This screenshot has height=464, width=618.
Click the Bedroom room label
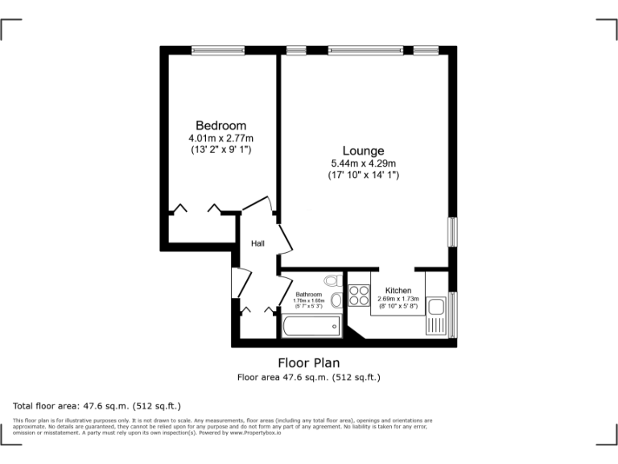click(x=220, y=125)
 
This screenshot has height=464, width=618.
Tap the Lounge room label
click(x=363, y=151)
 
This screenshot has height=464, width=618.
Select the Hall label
click(x=257, y=243)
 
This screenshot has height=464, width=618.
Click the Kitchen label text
click(x=398, y=291)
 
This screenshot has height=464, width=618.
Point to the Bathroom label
click(x=308, y=295)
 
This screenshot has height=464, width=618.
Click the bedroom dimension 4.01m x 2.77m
click(x=220, y=138)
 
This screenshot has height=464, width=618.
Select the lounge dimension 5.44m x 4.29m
click(x=363, y=164)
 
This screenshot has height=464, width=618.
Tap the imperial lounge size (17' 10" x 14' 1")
click(x=363, y=175)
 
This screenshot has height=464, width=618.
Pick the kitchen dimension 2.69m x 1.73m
click(x=398, y=299)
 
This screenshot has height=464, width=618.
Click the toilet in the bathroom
click(x=332, y=281)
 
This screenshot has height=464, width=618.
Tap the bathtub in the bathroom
click(x=311, y=325)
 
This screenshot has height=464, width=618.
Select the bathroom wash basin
click(x=336, y=300)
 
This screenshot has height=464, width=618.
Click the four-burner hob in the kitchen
click(x=358, y=294)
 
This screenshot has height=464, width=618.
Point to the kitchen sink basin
click(x=437, y=307)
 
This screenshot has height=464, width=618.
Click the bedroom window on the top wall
click(x=218, y=50)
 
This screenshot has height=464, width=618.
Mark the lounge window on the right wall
click(x=452, y=231)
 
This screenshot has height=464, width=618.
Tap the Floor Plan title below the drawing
click(x=308, y=362)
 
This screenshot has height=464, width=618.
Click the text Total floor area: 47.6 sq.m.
click(x=97, y=406)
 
